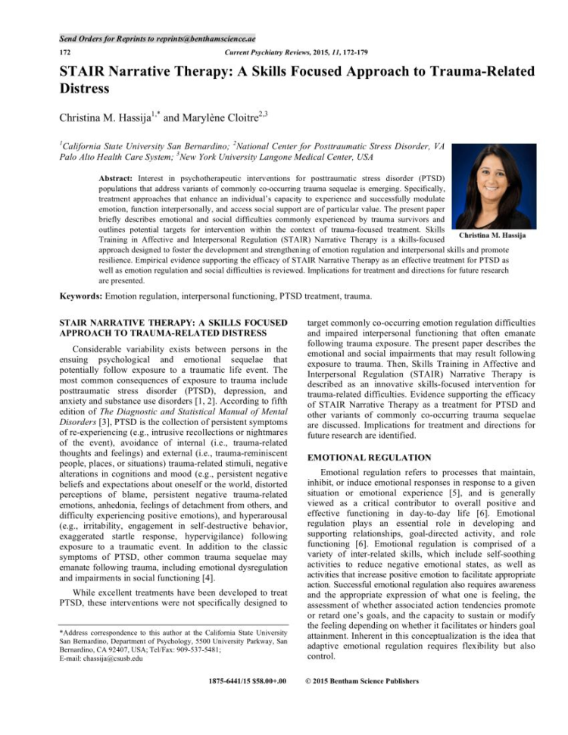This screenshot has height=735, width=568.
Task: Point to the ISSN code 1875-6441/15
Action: click(x=231, y=681)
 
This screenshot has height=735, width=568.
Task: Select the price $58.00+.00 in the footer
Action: click(x=271, y=681)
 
